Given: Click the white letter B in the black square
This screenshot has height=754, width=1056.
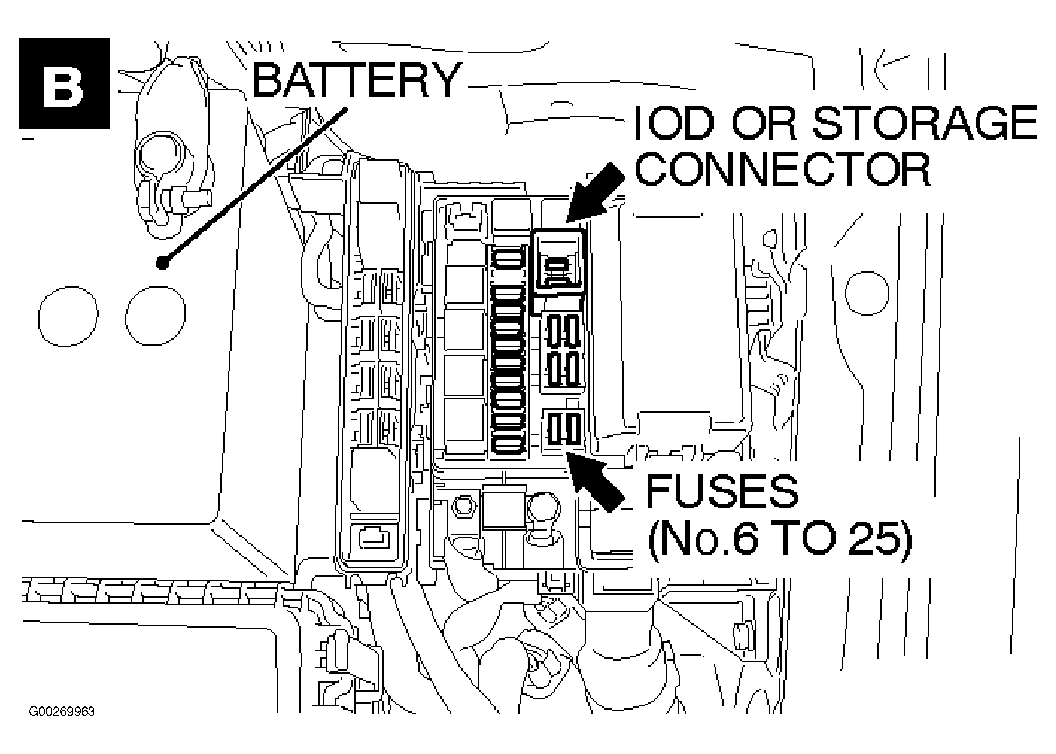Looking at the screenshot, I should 64,84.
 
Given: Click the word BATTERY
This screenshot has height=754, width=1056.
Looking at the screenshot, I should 356,80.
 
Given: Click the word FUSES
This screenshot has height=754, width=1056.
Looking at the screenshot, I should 722,491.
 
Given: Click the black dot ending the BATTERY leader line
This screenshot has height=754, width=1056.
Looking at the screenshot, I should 163,263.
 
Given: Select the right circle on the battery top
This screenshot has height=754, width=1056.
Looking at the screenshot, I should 155,315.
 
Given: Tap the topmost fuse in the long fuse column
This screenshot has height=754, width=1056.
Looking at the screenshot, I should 508,256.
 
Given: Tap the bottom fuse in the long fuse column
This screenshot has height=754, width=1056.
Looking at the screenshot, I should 508,444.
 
